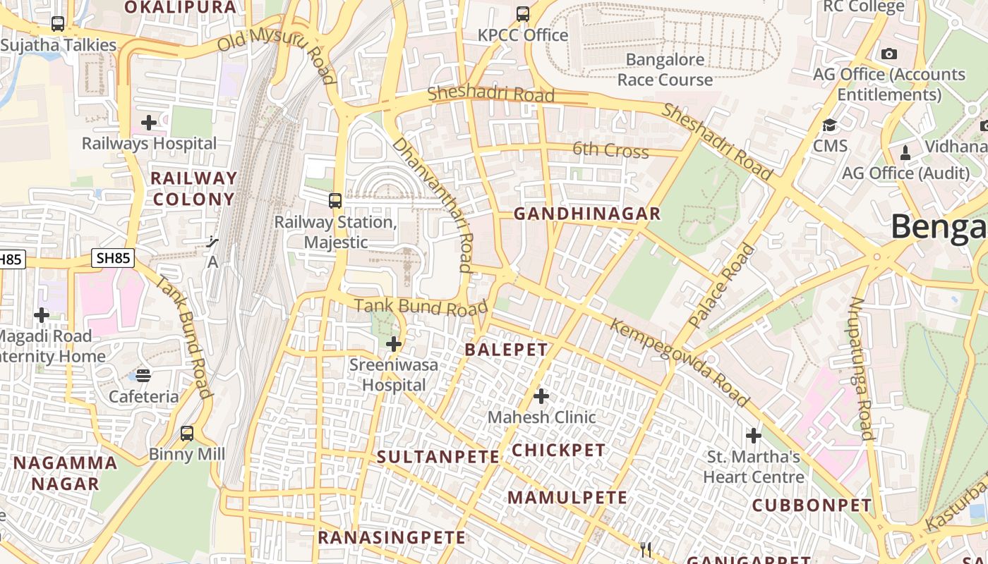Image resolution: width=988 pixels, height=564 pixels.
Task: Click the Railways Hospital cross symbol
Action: pyautogui.click(x=149, y=123)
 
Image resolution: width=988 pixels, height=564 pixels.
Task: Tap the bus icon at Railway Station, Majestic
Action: pyautogui.click(x=335, y=200)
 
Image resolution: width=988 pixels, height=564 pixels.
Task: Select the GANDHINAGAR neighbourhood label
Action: pyautogui.click(x=586, y=214)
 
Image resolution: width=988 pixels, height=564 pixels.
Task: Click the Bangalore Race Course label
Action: pyautogui.click(x=665, y=70)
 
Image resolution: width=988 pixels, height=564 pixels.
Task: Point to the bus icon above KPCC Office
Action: pyautogui.click(x=522, y=13)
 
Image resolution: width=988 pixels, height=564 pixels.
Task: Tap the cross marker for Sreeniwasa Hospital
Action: pyautogui.click(x=394, y=345)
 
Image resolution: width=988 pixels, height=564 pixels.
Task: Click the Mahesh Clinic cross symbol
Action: pyautogui.click(x=541, y=396)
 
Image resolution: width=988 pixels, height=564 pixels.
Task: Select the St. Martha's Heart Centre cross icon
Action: pyautogui.click(x=754, y=435)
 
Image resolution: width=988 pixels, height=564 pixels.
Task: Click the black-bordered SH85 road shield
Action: pyautogui.click(x=113, y=258)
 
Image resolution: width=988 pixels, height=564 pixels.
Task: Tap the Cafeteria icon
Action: pyautogui.click(x=143, y=375)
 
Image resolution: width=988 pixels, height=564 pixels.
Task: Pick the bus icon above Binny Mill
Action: pyautogui.click(x=187, y=433)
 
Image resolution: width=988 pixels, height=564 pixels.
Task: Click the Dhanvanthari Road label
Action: pyautogui.click(x=432, y=204)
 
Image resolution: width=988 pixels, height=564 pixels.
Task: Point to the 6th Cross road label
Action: pyautogui.click(x=610, y=149)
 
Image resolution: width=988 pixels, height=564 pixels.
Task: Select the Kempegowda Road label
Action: pyautogui.click(x=679, y=362)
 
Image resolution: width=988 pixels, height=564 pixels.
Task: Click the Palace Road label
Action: pyautogui.click(x=721, y=286)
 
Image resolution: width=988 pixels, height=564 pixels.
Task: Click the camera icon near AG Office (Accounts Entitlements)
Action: pyautogui.click(x=888, y=54)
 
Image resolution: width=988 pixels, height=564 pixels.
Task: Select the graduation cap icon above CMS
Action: pyautogui.click(x=830, y=125)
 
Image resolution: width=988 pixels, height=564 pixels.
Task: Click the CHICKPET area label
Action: pyautogui.click(x=558, y=450)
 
